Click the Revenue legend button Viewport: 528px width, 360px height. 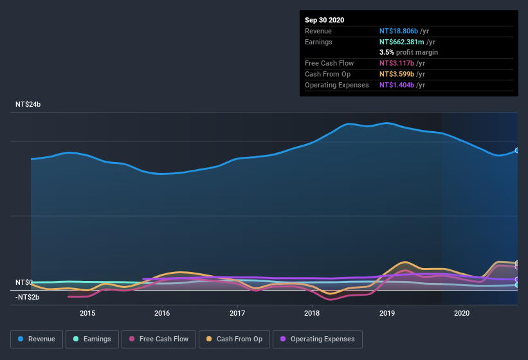37,339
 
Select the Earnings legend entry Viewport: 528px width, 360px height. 93,339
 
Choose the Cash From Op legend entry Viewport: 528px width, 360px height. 234,339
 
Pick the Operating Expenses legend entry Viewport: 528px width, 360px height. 317,339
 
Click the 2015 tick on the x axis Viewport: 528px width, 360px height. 87,313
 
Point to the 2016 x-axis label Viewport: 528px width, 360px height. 162,313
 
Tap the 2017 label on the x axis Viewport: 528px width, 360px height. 237,313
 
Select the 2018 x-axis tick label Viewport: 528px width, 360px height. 312,313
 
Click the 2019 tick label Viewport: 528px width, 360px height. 387,313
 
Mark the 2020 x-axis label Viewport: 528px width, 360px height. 462,313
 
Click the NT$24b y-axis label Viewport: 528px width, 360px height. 28,104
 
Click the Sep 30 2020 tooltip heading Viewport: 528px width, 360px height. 325,20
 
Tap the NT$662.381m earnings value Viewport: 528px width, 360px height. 401,42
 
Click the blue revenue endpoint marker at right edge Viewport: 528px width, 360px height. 517,150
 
